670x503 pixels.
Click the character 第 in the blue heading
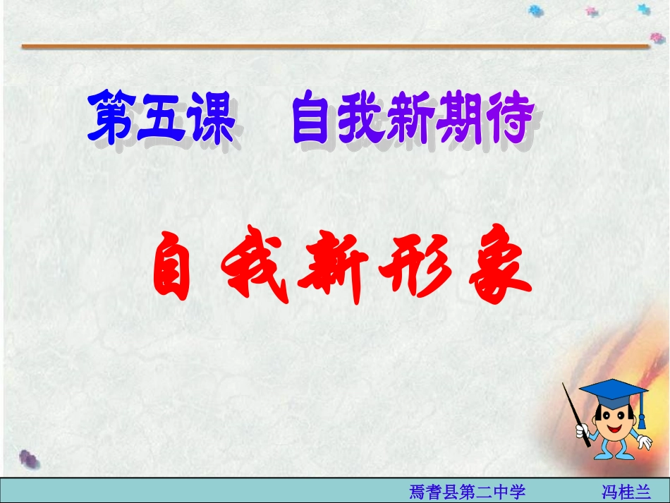coord(113,119)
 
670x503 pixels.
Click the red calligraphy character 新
coord(331,269)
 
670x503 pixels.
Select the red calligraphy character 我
coord(252,269)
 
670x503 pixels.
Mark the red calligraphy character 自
coord(172,268)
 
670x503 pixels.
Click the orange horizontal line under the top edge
coord(335,47)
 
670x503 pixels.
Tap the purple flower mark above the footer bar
coord(28,459)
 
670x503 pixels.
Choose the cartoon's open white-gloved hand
coord(644,442)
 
